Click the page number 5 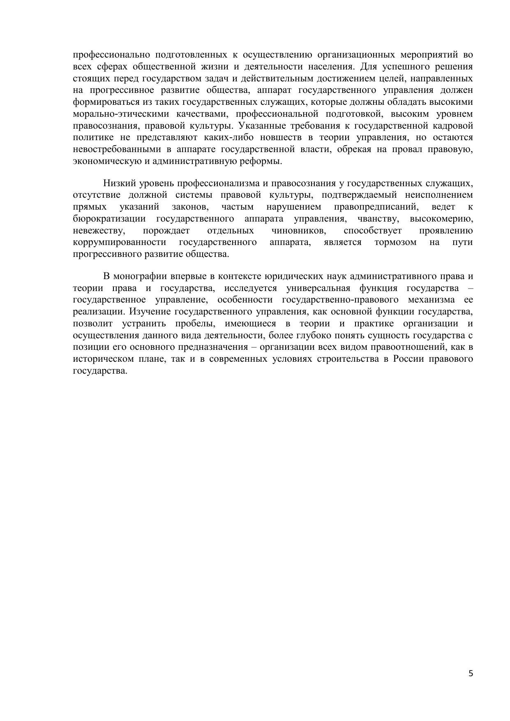471,673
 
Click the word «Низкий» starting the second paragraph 117,183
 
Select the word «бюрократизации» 108,218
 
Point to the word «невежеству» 99,230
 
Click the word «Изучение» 154,311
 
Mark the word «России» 408,358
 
